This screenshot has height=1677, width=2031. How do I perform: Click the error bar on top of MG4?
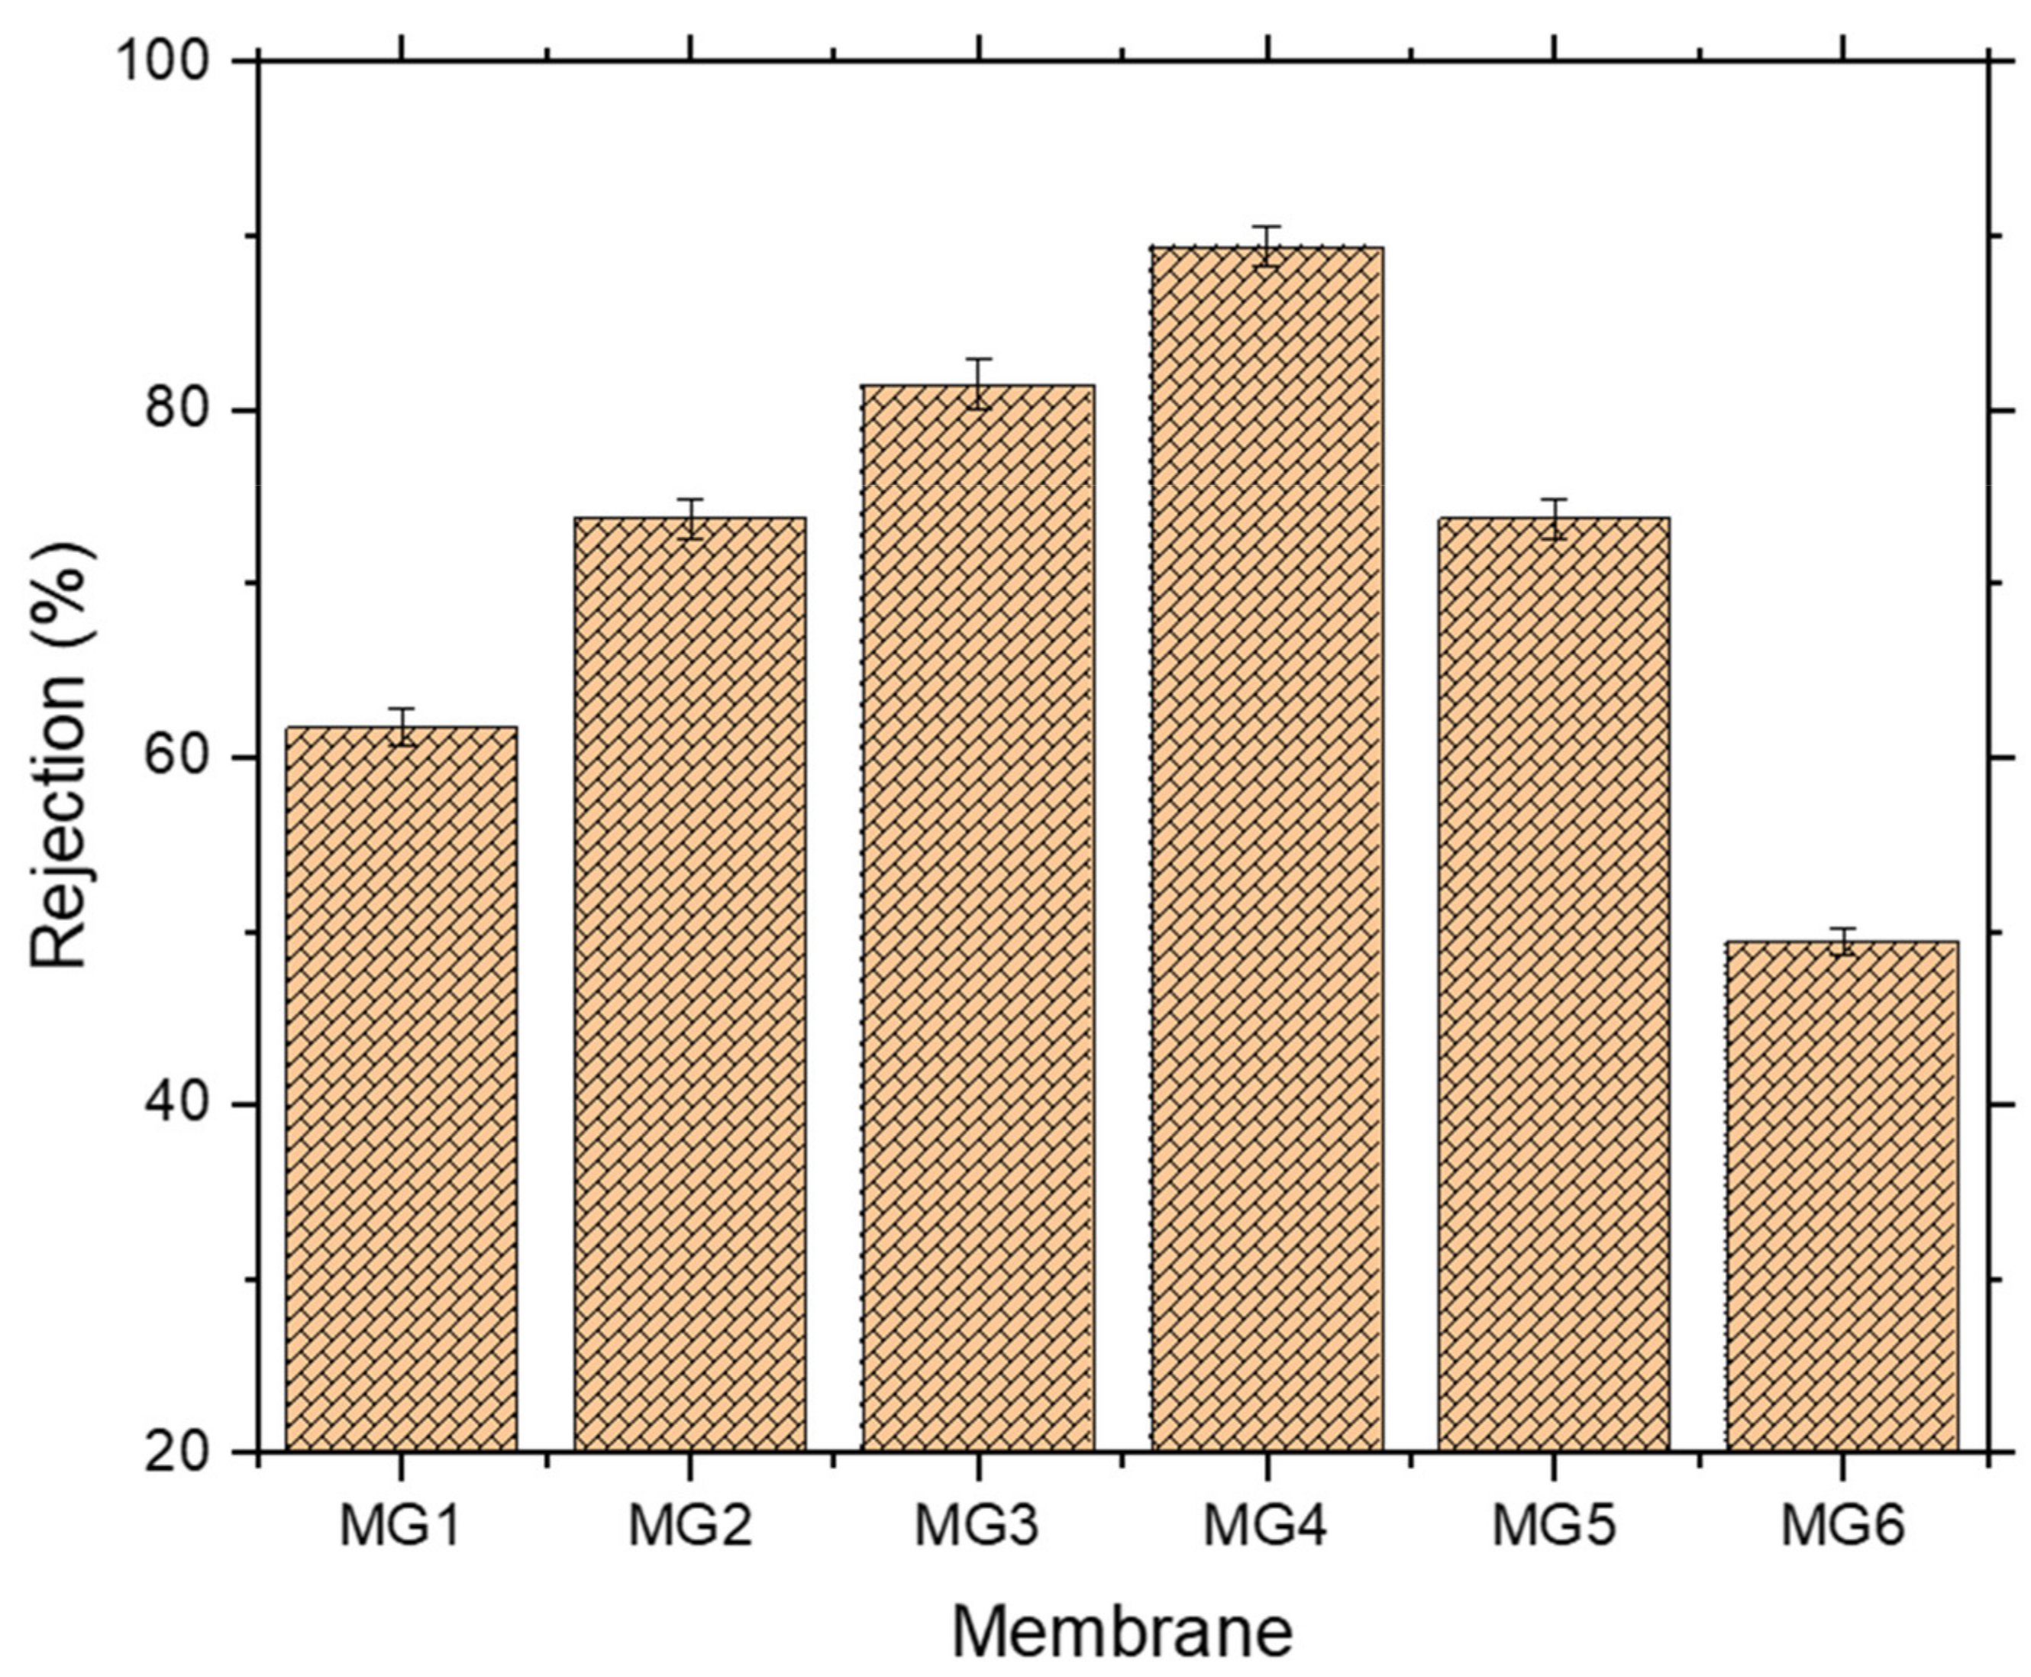[1266, 247]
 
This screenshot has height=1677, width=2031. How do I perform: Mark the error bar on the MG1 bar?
[401, 726]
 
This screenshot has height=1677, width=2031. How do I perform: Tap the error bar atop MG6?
[1842, 941]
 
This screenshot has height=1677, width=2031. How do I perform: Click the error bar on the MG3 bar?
[978, 383]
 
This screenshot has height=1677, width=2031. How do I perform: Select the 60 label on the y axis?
[178, 758]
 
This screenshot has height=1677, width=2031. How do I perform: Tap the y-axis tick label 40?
[178, 1104]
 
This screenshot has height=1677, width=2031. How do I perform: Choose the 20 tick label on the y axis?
[178, 1451]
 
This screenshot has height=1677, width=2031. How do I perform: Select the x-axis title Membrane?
[1122, 1632]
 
